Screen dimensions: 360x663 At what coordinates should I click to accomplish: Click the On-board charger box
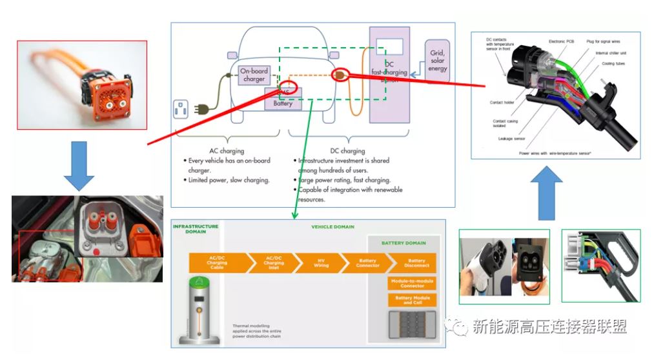tap(254, 75)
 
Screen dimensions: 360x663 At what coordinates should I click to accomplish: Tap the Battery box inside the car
tap(283, 103)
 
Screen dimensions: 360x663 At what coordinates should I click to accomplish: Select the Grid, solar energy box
tap(437, 60)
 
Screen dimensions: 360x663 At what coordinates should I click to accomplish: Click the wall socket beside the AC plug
tap(181, 110)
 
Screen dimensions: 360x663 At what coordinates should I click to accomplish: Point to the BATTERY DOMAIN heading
tap(403, 243)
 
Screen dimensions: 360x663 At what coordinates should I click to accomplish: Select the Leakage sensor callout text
tap(510, 138)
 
